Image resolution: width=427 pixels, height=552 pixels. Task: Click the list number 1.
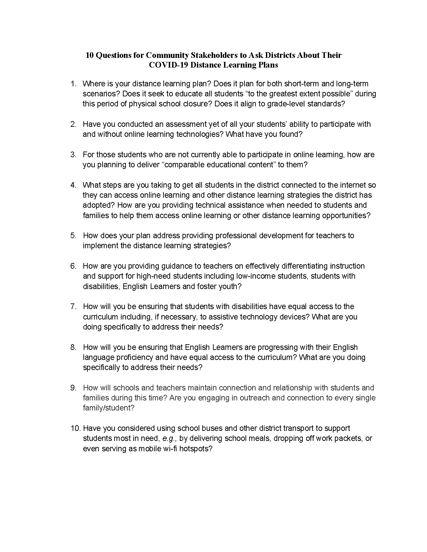pyautogui.click(x=73, y=84)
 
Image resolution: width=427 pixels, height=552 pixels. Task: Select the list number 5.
pyautogui.click(x=73, y=236)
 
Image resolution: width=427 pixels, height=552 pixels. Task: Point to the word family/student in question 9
pyautogui.click(x=109, y=408)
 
